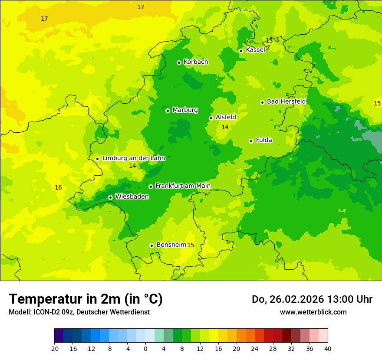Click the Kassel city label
pos(255,50)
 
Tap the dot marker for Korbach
pos(179,62)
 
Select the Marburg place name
pos(185,110)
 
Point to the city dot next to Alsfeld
pos(211,118)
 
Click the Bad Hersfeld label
pos(286,101)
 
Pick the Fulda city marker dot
pos(251,141)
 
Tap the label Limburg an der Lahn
pos(133,158)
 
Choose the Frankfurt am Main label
pos(183,186)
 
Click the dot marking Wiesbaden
pos(110,197)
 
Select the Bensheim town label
pos(171,245)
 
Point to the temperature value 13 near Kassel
pos(269,40)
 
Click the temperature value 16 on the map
pos(58,187)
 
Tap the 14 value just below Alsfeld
pos(225,127)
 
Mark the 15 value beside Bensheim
pos(191,245)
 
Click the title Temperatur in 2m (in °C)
pos(86,299)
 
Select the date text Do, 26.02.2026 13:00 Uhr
pos(312,299)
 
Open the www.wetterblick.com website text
pos(313,312)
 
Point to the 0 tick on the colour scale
pos(145,349)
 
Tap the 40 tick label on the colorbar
pos(327,349)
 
